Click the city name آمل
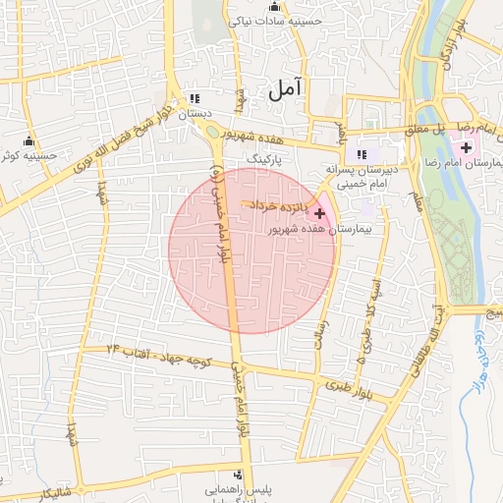click(286, 88)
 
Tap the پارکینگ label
click(262, 157)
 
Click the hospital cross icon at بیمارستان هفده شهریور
click(319, 212)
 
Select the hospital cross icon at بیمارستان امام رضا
click(465, 146)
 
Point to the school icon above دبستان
click(195, 98)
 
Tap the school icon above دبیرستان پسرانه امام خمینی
click(362, 153)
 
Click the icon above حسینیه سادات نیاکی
click(274, 6)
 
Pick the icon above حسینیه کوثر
click(28, 140)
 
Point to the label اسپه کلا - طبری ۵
click(366, 305)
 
